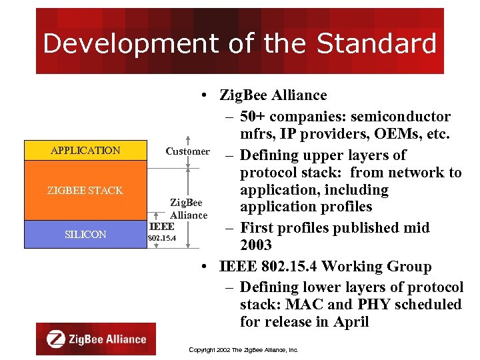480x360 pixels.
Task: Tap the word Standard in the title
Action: [x=377, y=43]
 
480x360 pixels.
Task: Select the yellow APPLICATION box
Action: [x=85, y=151]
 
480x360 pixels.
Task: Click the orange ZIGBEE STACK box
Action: [x=85, y=191]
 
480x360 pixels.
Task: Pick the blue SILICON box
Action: [x=85, y=235]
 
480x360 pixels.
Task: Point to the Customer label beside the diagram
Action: [x=187, y=151]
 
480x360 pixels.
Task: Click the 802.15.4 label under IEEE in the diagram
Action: [x=161, y=238]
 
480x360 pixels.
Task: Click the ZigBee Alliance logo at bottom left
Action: [x=96, y=339]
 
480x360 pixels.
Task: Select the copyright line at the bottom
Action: [x=243, y=349]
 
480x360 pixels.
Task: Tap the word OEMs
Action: [x=385, y=134]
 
